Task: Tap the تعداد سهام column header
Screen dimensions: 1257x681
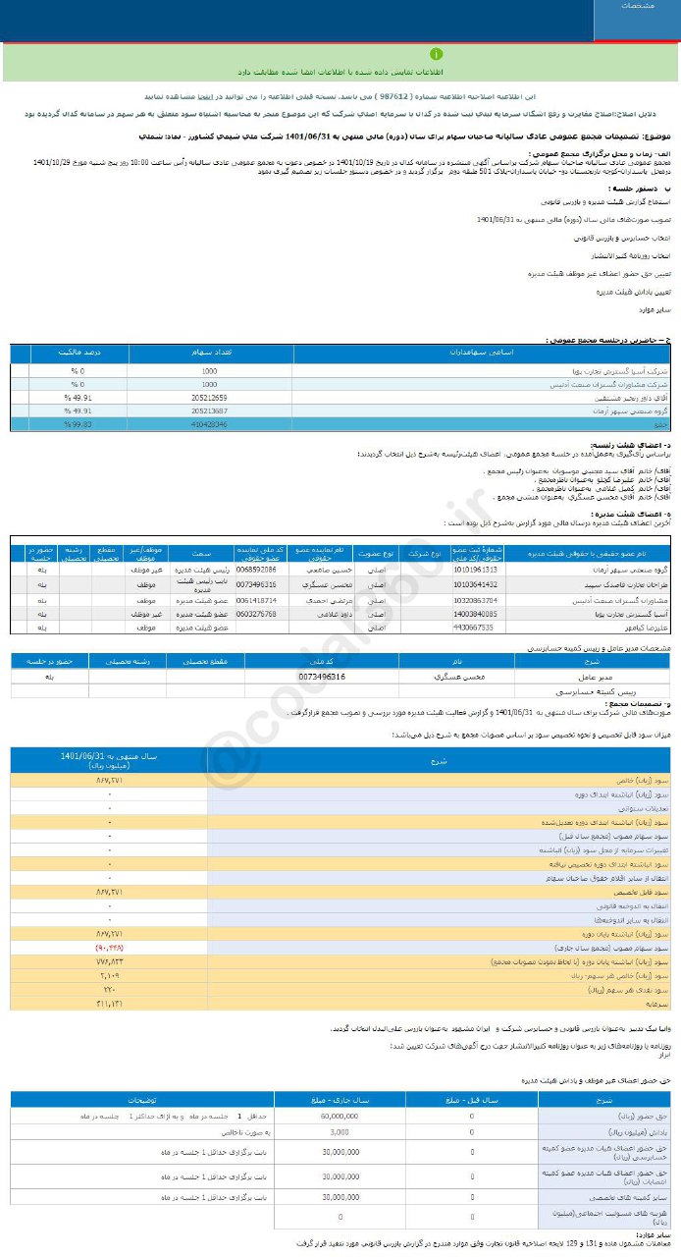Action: (209, 352)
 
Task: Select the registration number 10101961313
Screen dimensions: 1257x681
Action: (475, 570)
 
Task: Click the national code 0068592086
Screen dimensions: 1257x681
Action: (258, 570)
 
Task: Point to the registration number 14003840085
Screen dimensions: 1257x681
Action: (475, 613)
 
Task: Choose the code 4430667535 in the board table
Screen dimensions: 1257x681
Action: (475, 627)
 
